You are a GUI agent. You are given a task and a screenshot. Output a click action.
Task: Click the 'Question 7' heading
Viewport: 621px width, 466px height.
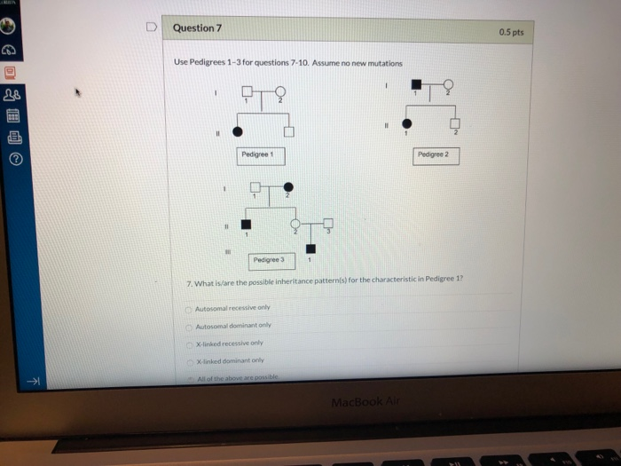click(197, 28)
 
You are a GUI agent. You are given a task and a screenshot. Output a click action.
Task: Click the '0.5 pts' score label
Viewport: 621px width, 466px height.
click(511, 32)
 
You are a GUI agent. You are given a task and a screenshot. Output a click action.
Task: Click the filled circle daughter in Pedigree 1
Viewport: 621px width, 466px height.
click(237, 131)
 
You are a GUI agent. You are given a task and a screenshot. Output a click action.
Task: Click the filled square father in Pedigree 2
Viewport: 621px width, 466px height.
click(417, 84)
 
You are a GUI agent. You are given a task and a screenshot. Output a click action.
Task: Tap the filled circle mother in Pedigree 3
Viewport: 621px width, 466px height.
click(287, 188)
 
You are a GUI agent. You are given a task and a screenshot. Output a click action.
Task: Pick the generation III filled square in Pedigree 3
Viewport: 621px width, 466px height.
click(311, 249)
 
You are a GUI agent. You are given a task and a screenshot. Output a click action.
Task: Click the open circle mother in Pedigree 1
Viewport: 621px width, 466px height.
click(281, 91)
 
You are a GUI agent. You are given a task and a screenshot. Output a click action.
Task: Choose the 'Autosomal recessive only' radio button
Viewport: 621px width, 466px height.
click(189, 308)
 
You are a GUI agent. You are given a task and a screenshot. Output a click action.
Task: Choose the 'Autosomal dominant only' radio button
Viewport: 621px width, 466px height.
click(189, 326)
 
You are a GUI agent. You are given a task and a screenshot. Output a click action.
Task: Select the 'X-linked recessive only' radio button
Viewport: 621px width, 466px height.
click(190, 343)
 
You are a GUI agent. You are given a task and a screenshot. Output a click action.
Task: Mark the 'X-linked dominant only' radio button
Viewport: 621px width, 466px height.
click(190, 360)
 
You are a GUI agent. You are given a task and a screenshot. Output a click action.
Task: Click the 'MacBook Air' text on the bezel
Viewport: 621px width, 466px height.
click(354, 402)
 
